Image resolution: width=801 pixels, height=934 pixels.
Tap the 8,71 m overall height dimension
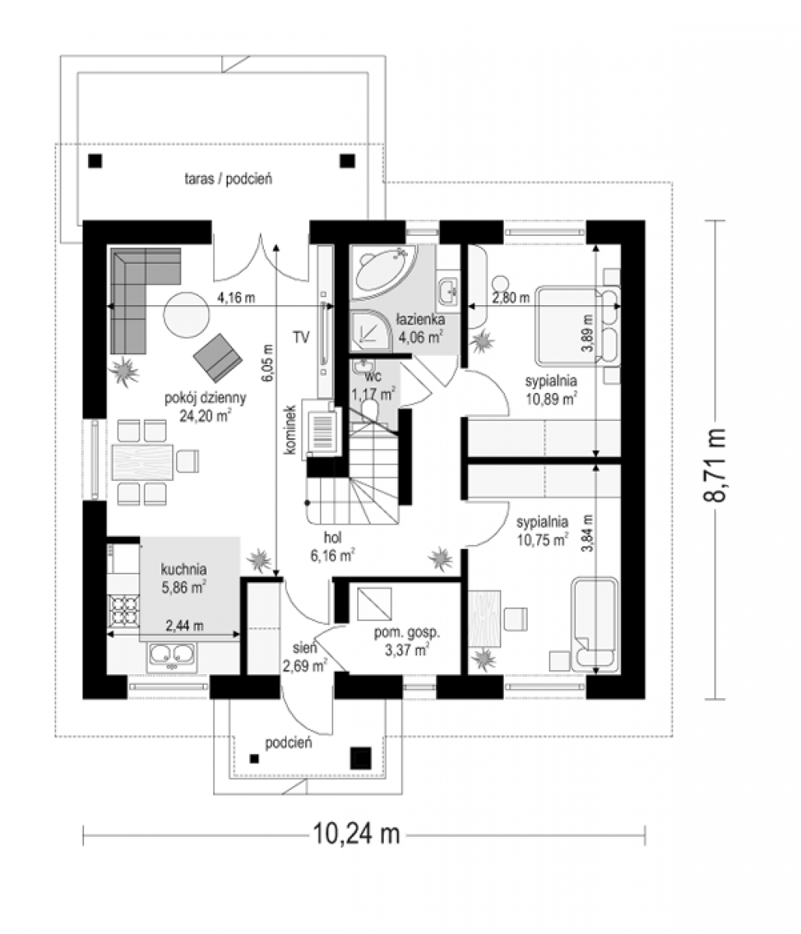click(715, 465)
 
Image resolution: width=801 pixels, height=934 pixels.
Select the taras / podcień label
click(228, 179)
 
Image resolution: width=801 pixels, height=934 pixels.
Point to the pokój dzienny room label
click(206, 398)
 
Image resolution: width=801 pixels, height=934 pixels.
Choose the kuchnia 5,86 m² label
click(184, 578)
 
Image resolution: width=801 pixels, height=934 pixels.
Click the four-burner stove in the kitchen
click(125, 611)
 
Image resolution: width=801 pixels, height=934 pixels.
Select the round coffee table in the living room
click(186, 314)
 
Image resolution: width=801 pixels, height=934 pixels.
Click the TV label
click(301, 337)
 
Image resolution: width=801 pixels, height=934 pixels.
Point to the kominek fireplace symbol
click(321, 431)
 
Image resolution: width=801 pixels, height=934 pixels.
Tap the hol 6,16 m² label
click(332, 546)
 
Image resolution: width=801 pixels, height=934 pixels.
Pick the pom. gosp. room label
click(407, 633)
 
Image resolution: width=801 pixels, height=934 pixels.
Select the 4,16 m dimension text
click(236, 297)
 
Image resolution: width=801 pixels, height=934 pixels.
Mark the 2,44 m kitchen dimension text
click(184, 625)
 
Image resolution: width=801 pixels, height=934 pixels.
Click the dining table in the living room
click(142, 462)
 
